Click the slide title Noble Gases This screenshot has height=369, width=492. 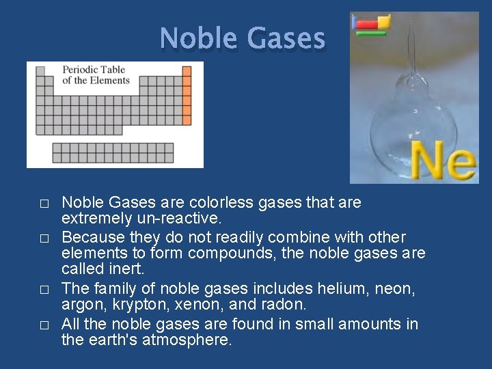click(243, 38)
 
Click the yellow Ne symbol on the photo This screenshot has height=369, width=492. click(443, 161)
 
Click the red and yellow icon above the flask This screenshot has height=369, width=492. click(371, 25)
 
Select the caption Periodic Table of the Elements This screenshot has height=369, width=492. click(96, 74)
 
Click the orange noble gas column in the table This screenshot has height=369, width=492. click(187, 96)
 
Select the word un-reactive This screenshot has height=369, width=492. click(180, 219)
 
